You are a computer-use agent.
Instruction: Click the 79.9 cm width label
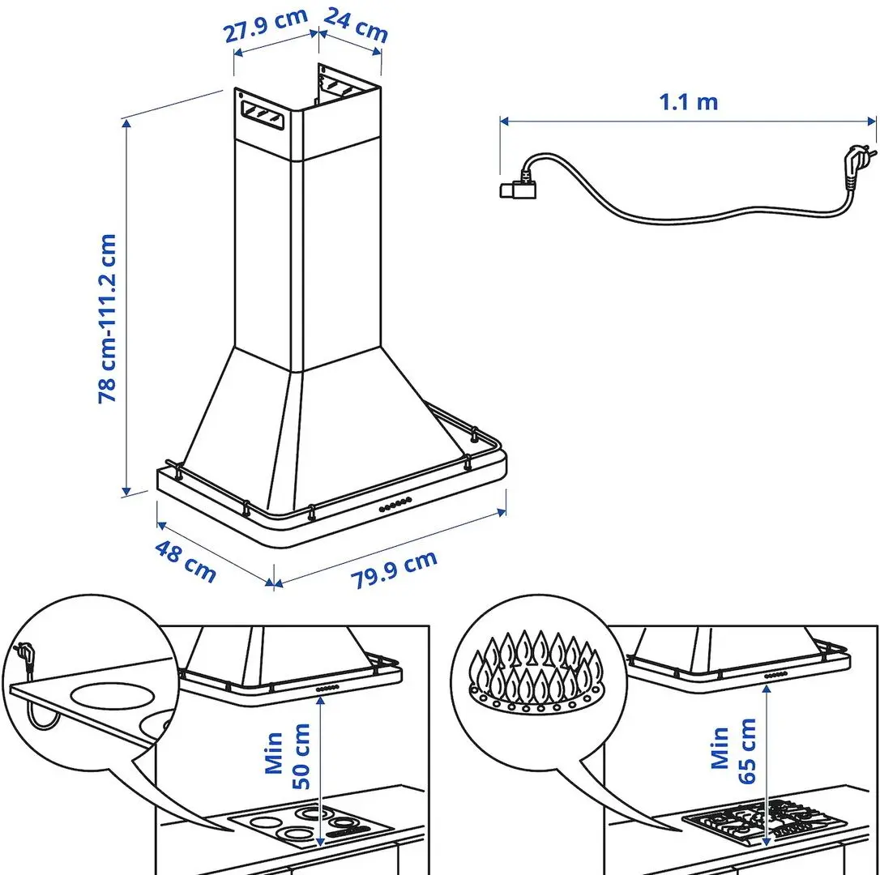tap(394, 570)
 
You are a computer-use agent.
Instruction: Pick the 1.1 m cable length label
tap(688, 102)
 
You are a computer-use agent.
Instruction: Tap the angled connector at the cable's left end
tap(516, 186)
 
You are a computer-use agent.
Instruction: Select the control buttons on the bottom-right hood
tap(776, 673)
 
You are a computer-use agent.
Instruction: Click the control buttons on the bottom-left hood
tap(327, 687)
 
